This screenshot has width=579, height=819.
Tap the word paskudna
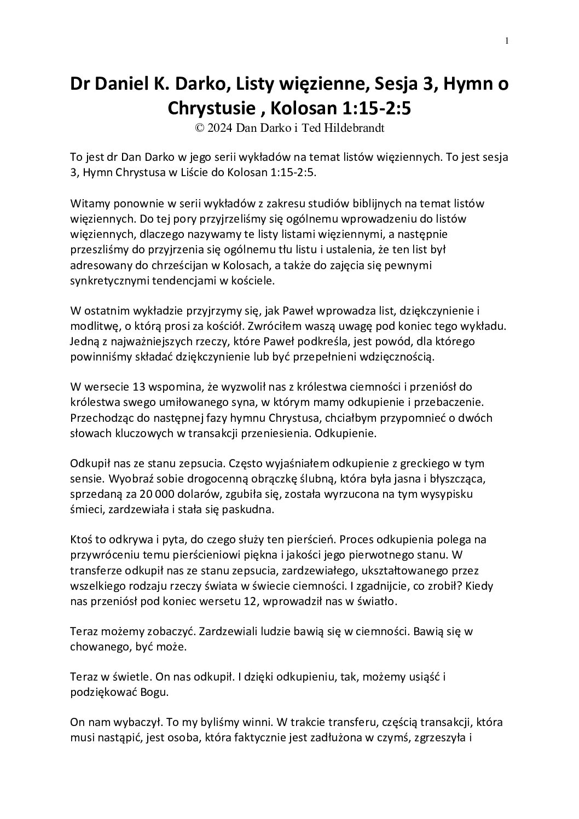pyautogui.click(x=246, y=509)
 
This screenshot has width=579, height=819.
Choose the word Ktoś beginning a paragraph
pyautogui.click(x=82, y=539)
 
